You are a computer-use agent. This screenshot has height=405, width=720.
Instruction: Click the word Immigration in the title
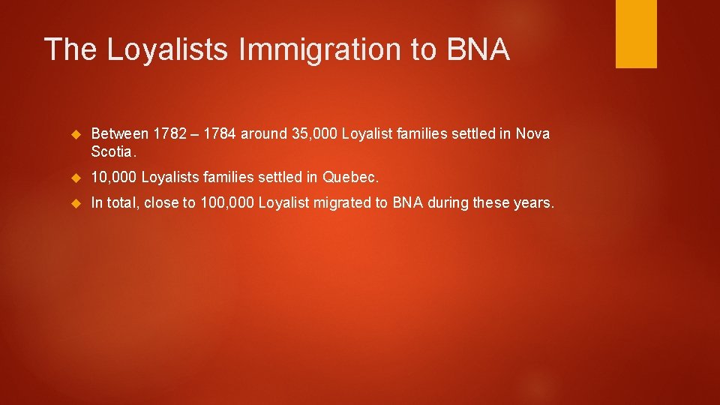(x=322, y=49)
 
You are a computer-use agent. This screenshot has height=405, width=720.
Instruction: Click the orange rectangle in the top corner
(x=636, y=34)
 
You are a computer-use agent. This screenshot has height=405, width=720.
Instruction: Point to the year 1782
(x=170, y=134)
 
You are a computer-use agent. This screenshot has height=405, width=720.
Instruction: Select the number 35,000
(x=315, y=134)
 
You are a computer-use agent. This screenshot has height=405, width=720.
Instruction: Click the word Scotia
(x=112, y=151)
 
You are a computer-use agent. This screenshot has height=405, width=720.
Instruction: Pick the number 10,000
(x=113, y=177)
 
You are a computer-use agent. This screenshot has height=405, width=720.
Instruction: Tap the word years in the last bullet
(x=534, y=202)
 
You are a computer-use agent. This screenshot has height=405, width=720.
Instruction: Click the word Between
(x=119, y=134)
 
